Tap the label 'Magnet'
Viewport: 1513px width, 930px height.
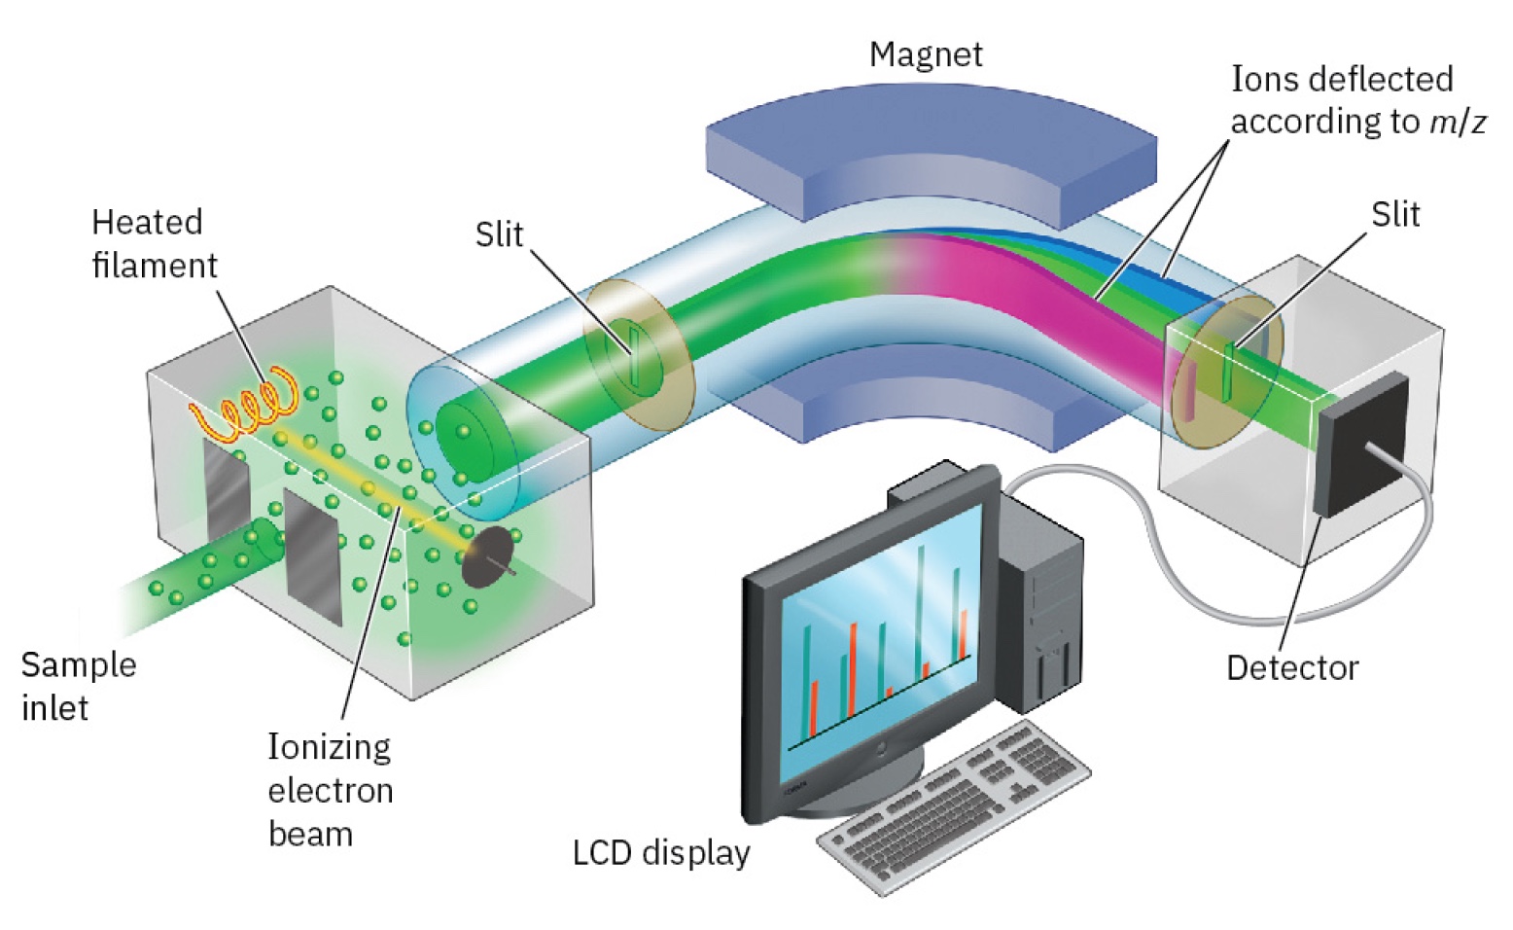click(925, 54)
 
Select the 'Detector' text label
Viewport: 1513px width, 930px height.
click(1291, 668)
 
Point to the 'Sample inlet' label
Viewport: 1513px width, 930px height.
click(77, 685)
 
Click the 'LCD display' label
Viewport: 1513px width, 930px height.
click(661, 852)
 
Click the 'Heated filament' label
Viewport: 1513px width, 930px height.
click(153, 243)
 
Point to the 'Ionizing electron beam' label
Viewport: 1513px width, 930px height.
click(330, 790)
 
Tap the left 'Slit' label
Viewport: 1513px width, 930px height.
click(499, 234)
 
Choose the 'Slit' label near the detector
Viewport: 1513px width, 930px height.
click(1394, 215)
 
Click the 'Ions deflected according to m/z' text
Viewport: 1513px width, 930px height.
click(1357, 100)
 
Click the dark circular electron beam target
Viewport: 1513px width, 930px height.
click(487, 557)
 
